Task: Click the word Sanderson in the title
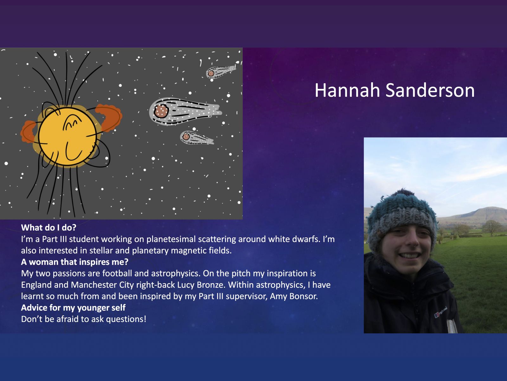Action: click(430, 90)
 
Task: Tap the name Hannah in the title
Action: click(347, 90)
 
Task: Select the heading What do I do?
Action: click(48, 228)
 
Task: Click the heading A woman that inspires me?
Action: click(74, 262)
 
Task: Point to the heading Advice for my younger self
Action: click(73, 308)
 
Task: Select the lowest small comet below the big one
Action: click(197, 138)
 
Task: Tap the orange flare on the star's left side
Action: click(29, 132)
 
